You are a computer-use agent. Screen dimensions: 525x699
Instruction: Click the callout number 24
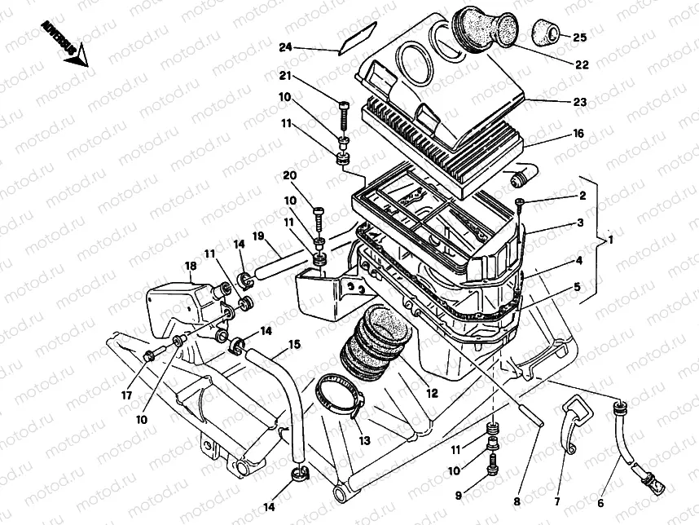284,48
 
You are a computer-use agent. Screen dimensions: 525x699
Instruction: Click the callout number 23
579,104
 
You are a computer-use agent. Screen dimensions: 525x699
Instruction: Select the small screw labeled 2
520,201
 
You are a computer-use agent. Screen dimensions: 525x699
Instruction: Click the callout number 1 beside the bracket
610,241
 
